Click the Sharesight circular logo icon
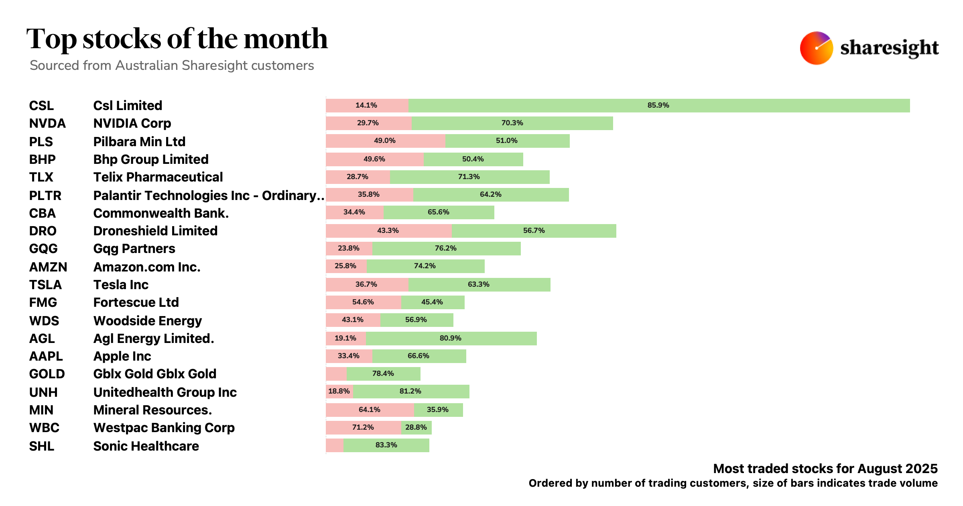click(x=816, y=48)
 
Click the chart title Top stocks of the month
click(x=177, y=39)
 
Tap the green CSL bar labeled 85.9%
click(x=658, y=105)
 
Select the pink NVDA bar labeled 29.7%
click(x=368, y=123)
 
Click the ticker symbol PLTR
click(x=45, y=196)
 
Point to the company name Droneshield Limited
click(x=155, y=231)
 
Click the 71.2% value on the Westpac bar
click(x=363, y=427)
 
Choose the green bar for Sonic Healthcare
click(x=386, y=445)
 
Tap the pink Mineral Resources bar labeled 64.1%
click(x=369, y=410)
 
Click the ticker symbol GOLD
click(x=47, y=374)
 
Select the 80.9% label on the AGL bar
click(x=450, y=338)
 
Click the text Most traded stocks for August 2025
click(x=825, y=469)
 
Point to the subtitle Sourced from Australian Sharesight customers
click(x=172, y=65)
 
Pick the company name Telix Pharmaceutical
click(x=158, y=177)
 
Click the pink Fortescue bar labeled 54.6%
click(x=363, y=302)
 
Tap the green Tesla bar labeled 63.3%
click(x=479, y=284)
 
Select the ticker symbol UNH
click(x=43, y=392)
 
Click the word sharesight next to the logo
click(x=889, y=48)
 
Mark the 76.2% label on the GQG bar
click(x=445, y=248)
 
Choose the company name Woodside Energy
click(x=147, y=321)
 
